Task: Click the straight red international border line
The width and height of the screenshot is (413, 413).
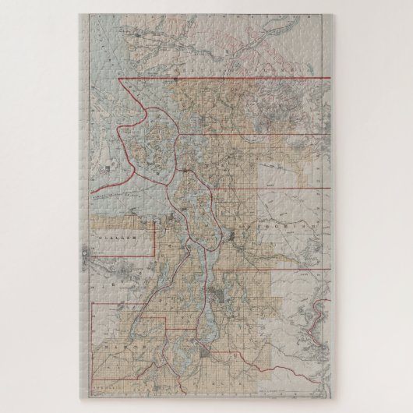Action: (234, 79)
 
